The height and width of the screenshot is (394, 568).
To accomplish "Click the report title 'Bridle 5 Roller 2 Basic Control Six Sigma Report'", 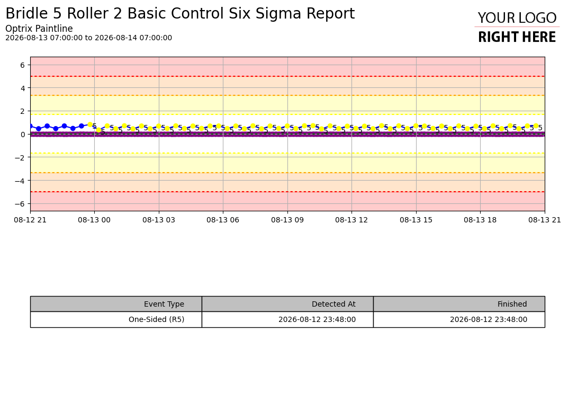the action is coord(180,14).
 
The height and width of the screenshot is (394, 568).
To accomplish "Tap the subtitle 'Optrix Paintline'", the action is coord(39,29).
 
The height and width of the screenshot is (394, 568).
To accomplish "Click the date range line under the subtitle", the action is coord(89,38).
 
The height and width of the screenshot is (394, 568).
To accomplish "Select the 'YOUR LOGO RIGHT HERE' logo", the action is coord(517,27).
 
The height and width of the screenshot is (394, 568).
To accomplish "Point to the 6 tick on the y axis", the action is coord(22,65).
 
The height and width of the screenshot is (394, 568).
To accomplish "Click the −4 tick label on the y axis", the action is coord(20,181).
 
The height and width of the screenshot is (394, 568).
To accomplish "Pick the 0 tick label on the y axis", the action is coord(22,135).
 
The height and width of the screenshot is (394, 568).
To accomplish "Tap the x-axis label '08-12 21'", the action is coord(30,220).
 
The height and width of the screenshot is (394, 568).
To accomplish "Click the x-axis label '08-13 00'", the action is coord(94,220).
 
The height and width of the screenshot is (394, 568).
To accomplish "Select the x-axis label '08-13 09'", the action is coord(287,220).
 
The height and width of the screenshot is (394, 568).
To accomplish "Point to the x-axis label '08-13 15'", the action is coord(416,220).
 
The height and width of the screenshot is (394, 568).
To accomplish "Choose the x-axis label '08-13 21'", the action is coord(545,220).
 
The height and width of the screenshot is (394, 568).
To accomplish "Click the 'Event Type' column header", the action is coord(164,304).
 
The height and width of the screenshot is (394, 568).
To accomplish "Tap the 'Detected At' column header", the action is coord(333,304).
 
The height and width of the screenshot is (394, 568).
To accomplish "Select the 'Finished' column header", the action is coord(512,304).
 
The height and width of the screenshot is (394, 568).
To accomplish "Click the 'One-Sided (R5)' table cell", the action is coord(157,320).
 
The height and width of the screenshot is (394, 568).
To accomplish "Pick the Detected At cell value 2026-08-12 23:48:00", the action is coord(317,320).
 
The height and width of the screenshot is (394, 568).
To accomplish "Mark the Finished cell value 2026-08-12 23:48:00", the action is coord(488,320).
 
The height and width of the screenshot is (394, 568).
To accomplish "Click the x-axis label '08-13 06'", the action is coord(223,220).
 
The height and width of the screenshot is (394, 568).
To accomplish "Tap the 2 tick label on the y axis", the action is coord(22,111).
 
